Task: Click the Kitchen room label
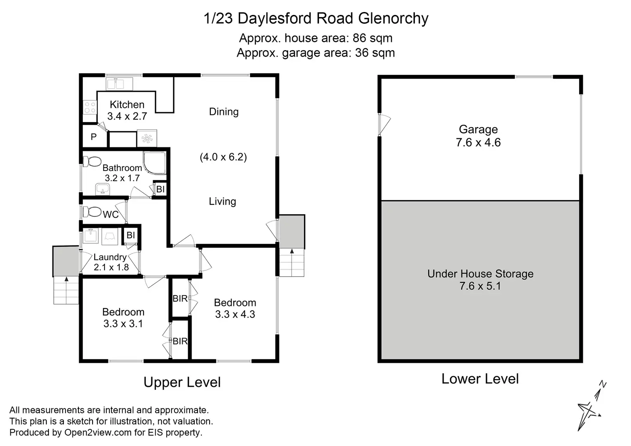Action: coord(127,105)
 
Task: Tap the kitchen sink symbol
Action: coord(119,84)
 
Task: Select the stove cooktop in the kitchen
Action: coord(90,108)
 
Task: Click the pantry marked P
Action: coord(94,137)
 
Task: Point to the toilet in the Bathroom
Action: coord(92,162)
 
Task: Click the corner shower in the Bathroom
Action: coord(154,163)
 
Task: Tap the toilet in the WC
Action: coord(92,212)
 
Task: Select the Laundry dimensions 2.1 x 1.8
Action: coord(111,267)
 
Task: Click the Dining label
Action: coord(224,112)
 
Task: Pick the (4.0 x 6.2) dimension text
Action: coord(223,157)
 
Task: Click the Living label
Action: coord(222,201)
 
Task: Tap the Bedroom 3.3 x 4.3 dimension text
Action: coord(235,314)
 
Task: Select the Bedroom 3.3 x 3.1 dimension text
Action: coord(123,323)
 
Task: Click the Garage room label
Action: coord(478,129)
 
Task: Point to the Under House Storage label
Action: coord(480,274)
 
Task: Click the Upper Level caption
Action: coord(182,382)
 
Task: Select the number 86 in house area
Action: coord(360,38)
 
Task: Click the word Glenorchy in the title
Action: coord(393,18)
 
